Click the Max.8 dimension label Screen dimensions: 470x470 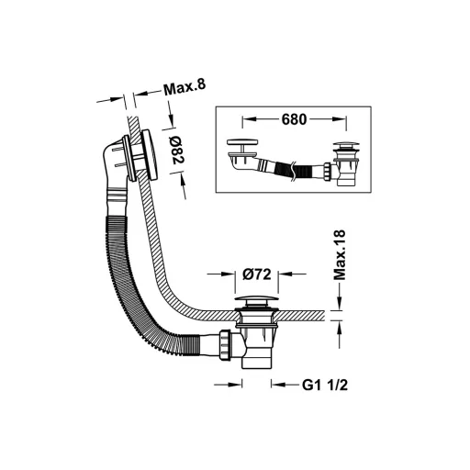(185, 87)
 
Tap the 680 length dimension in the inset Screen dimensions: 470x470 (294, 119)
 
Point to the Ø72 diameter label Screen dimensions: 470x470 (257, 274)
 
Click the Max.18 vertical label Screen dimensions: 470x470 (339, 255)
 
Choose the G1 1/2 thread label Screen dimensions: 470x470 (325, 385)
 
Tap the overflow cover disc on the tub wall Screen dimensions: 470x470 (150, 154)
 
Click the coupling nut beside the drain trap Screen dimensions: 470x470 (225, 344)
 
